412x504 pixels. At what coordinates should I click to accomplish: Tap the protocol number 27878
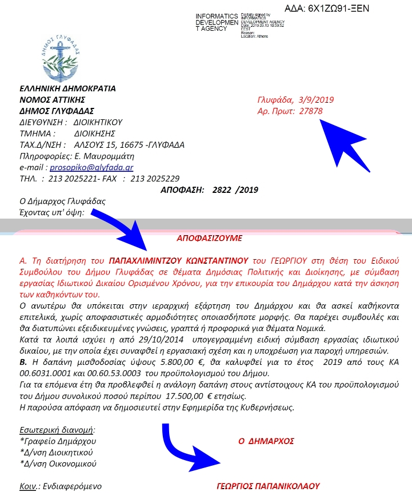311,111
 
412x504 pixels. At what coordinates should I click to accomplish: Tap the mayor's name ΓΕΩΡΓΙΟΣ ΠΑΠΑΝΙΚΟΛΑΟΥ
268,486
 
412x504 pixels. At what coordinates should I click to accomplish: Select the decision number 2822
223,189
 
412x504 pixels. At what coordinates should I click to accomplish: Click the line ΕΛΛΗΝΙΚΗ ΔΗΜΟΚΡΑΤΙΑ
67,88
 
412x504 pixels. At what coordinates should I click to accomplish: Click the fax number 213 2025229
155,178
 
